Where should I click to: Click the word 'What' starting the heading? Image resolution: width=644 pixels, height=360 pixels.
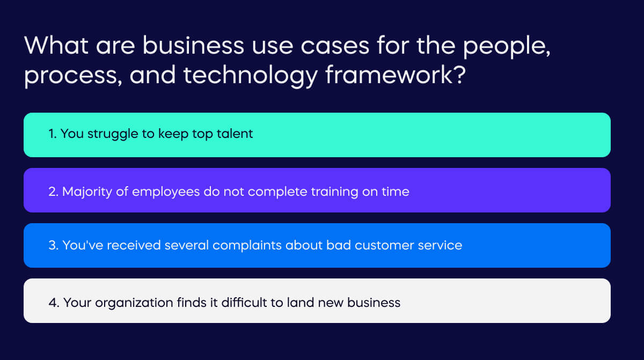coord(55,46)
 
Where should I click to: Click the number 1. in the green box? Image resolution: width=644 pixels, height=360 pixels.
coord(53,134)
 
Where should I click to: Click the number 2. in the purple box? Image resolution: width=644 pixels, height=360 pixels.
coord(53,191)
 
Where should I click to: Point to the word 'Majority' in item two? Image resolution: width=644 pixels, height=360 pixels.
coord(88,192)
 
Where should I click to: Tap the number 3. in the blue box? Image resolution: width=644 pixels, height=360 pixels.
coord(53,246)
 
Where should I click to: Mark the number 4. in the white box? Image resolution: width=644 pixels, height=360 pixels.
coord(54,303)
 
